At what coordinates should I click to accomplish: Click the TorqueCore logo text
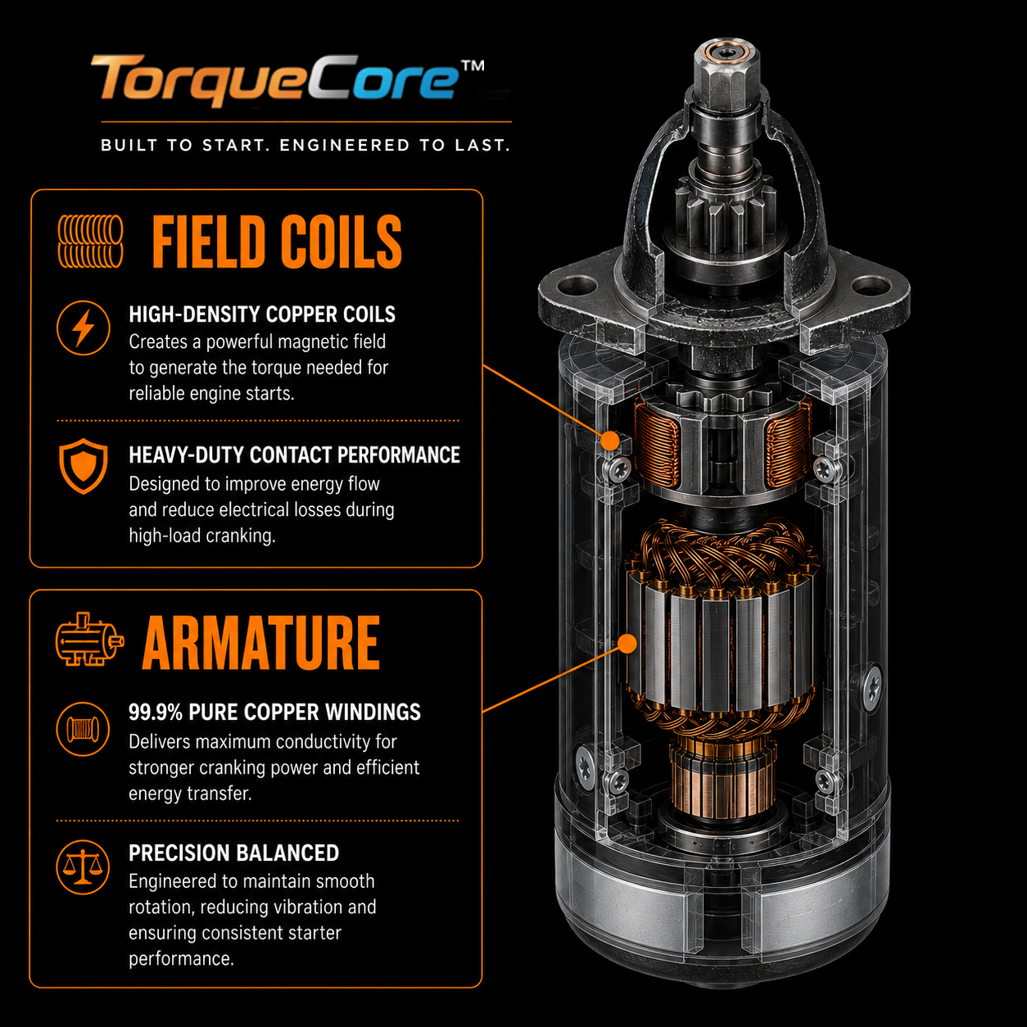(x=275, y=80)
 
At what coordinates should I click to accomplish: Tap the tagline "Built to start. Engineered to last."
(x=306, y=145)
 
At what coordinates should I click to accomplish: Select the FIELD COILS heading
(x=277, y=242)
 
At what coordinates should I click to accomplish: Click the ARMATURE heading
(x=261, y=642)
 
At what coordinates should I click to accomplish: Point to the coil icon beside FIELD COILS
(x=90, y=241)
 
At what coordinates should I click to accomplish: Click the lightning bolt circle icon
(x=84, y=328)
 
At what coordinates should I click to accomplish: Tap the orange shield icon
(x=84, y=466)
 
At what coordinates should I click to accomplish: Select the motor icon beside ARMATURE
(x=89, y=639)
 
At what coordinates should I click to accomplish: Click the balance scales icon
(x=83, y=867)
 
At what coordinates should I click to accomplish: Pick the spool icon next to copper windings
(x=83, y=729)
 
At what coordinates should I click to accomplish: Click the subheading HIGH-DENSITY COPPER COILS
(x=262, y=314)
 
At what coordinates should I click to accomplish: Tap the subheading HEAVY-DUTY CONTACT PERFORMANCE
(x=295, y=455)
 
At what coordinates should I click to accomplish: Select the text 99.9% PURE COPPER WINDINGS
(x=274, y=712)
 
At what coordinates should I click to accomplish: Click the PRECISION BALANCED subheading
(x=234, y=853)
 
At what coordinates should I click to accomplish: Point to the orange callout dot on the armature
(x=628, y=644)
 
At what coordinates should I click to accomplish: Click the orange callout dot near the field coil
(x=609, y=441)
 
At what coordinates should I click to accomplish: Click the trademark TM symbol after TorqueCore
(x=473, y=66)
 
